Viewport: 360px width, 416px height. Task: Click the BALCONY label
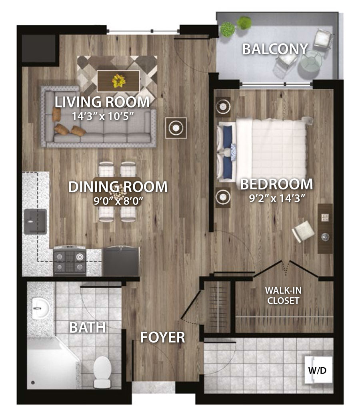(x=275, y=49)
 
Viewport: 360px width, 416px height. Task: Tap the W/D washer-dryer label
(x=317, y=370)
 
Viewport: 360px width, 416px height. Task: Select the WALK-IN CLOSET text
(x=283, y=295)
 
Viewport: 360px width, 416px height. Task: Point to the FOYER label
(x=162, y=337)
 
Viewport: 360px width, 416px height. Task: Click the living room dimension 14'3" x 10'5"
(x=102, y=116)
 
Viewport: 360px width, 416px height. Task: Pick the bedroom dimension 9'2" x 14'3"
(x=276, y=198)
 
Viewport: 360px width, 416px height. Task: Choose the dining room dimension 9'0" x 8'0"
(x=118, y=201)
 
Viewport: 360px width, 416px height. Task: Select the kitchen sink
(x=35, y=221)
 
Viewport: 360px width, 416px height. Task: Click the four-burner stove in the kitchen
(x=70, y=261)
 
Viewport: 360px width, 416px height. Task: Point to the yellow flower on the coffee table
(x=118, y=81)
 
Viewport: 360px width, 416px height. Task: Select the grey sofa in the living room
(x=98, y=116)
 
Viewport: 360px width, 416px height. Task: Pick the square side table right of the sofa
(x=176, y=128)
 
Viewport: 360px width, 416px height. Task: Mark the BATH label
(x=88, y=327)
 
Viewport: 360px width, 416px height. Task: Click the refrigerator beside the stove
(x=121, y=262)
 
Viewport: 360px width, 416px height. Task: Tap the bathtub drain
(x=33, y=382)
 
